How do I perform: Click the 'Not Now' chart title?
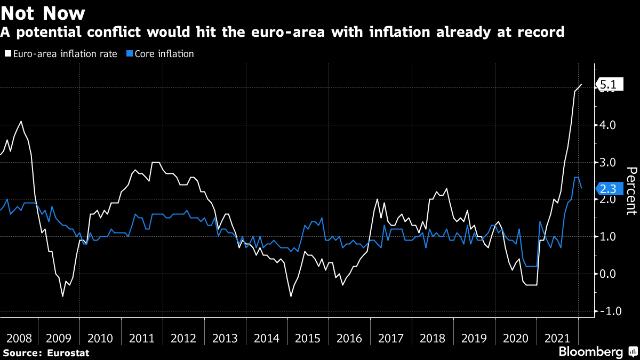[x=43, y=13]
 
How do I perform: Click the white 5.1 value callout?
[x=609, y=84]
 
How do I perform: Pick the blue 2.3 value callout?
[x=609, y=189]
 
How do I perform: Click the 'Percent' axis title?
[x=631, y=190]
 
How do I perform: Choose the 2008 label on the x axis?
[x=18, y=338]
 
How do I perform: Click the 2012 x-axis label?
[x=184, y=338]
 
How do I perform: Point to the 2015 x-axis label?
[x=308, y=338]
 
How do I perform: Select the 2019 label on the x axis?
[x=474, y=338]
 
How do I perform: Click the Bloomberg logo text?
[x=590, y=352]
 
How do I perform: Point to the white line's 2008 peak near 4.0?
[x=21, y=122]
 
